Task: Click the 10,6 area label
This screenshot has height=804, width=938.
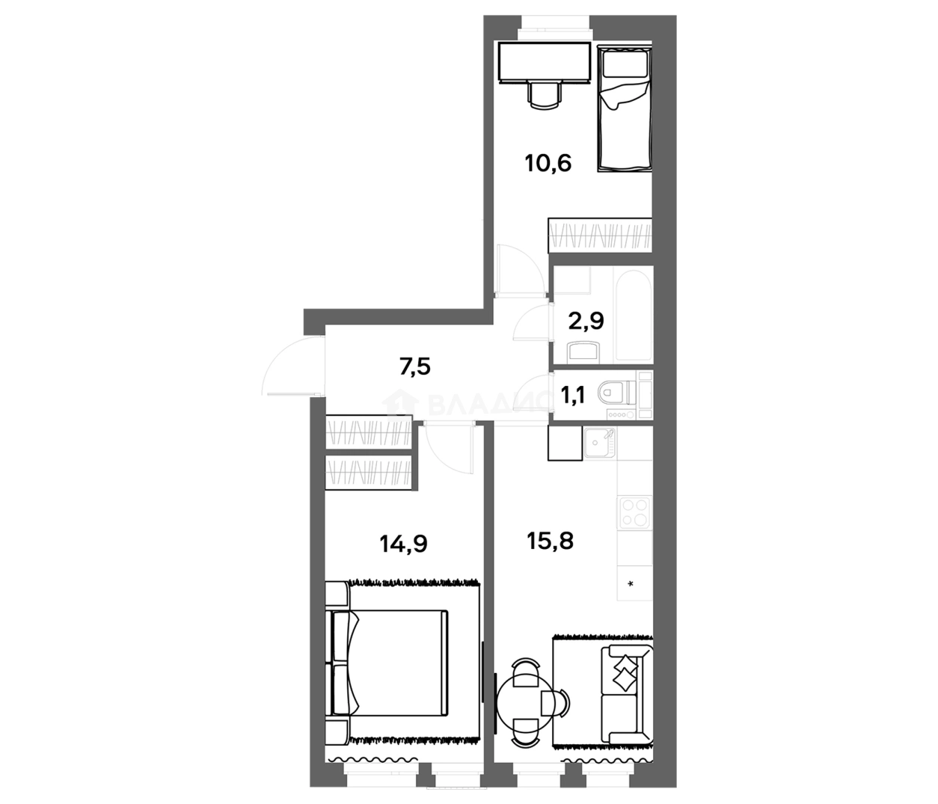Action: (x=548, y=162)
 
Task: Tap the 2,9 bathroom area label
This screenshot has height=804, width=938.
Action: (x=586, y=321)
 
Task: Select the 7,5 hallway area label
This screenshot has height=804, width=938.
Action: (x=414, y=367)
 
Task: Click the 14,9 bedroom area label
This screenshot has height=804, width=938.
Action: (x=403, y=544)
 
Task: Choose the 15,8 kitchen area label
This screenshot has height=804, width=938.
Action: (x=550, y=540)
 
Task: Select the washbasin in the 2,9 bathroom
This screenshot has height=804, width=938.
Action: (x=584, y=352)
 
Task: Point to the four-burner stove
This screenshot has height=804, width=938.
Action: (x=634, y=512)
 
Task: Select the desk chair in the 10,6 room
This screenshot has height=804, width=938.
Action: (x=544, y=96)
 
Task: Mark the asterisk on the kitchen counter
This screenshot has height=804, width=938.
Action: (x=631, y=583)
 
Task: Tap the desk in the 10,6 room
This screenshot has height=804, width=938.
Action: (x=544, y=61)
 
